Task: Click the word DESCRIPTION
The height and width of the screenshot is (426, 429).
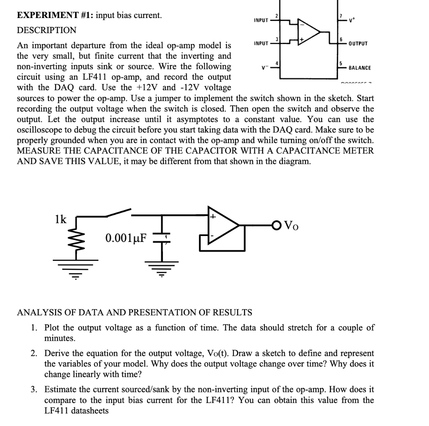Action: (x=47, y=30)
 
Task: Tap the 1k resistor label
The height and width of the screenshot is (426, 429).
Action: (x=61, y=219)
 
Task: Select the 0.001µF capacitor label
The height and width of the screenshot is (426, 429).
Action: (x=126, y=239)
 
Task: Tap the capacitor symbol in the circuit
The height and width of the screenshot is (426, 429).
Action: (x=161, y=238)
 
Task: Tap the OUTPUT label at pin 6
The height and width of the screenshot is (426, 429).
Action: (x=358, y=44)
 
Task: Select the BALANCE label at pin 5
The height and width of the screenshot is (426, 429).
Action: (x=359, y=68)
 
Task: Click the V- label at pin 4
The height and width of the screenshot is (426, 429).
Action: (x=263, y=68)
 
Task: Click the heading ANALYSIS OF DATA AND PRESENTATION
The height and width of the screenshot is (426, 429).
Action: (x=134, y=312)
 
